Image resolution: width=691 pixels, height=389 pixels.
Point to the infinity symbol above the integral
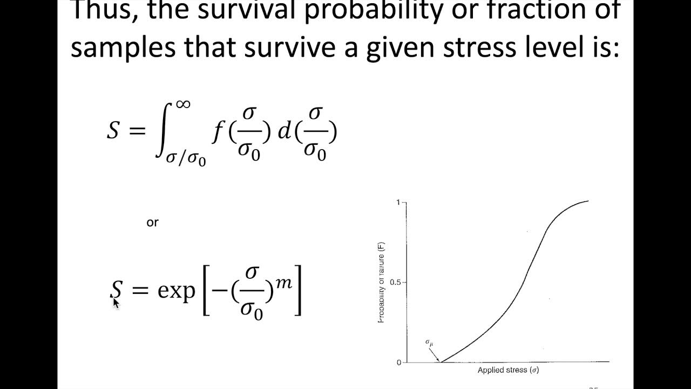(183, 104)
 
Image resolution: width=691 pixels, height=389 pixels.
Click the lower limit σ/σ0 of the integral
(186, 159)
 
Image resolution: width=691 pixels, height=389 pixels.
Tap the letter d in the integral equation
(284, 132)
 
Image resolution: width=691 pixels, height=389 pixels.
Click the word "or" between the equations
(152, 222)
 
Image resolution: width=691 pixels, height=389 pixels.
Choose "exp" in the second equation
(176, 291)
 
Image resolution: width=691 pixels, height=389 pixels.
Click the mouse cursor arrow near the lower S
(116, 302)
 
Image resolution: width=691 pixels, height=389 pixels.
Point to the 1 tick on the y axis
(398, 203)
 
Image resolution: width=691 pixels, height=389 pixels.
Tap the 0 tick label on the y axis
(398, 362)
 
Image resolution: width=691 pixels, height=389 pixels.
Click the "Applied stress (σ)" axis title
(508, 371)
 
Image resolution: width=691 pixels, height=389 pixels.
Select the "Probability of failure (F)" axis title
(381, 282)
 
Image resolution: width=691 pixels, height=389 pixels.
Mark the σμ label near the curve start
(429, 343)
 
